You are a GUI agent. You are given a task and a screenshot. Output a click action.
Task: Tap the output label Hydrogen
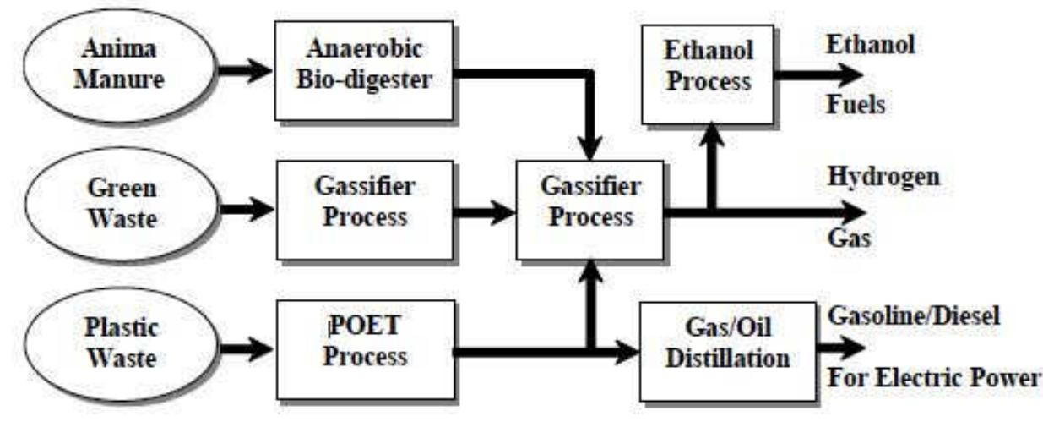pos(883,178)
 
